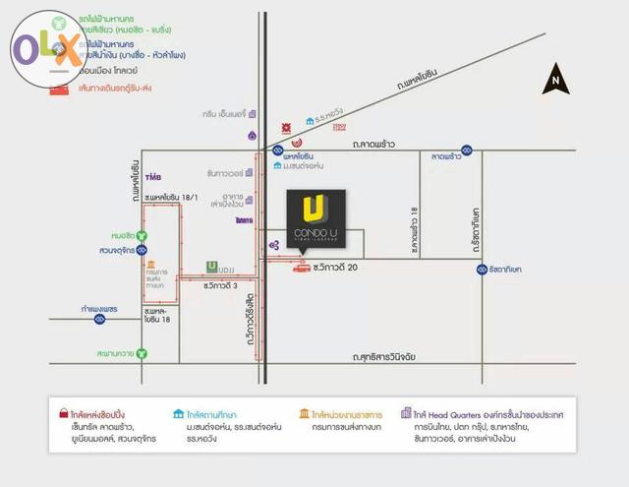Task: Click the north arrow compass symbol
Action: [556, 78]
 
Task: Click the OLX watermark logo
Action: [47, 45]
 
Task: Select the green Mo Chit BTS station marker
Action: [143, 235]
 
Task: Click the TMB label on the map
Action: [152, 178]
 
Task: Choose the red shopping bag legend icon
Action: [62, 413]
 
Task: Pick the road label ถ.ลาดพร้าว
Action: [379, 144]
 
